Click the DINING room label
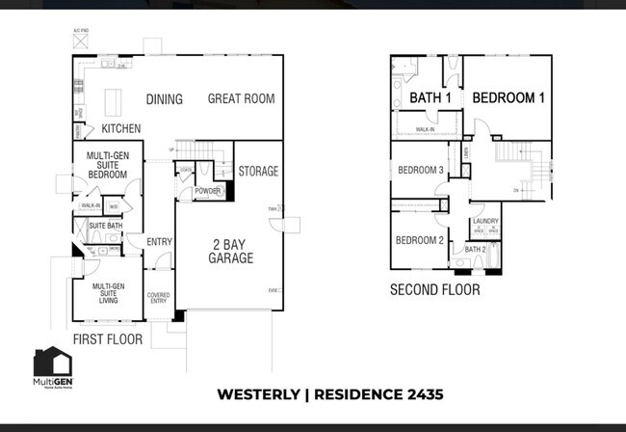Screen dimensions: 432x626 (165, 99)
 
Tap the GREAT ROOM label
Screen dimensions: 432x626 (241, 98)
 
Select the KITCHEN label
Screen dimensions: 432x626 (121, 128)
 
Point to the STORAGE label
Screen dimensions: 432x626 (258, 172)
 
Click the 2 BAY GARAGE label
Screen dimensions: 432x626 (231, 252)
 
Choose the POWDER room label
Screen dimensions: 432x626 (207, 191)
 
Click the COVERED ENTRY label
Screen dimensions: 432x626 (158, 299)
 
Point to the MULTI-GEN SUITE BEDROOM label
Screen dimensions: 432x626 (108, 164)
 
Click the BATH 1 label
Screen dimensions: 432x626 (430, 98)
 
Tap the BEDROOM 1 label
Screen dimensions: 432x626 (509, 98)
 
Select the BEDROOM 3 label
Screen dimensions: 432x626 (421, 171)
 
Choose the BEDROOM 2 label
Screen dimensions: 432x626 (419, 240)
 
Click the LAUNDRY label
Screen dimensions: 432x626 (485, 221)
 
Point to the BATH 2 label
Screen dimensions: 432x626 (475, 249)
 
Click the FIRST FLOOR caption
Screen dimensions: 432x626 (108, 339)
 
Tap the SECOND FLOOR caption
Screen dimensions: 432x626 (434, 288)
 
